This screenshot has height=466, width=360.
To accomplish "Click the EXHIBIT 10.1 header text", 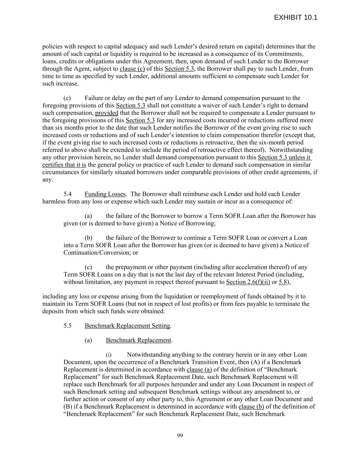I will click(x=296, y=17).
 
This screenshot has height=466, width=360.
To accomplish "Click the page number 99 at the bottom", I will click(x=180, y=435).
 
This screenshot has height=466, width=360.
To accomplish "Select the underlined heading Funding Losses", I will click(x=105, y=194).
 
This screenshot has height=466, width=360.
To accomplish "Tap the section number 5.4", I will click(x=68, y=194).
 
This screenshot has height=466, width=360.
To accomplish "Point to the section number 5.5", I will click(x=68, y=326).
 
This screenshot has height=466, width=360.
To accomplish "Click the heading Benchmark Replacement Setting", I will click(x=127, y=326).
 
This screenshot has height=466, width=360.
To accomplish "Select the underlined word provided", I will click(x=106, y=113).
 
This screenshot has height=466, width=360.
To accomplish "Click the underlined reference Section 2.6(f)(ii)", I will click(x=248, y=282).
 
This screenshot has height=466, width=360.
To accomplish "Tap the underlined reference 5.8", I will click(x=283, y=282).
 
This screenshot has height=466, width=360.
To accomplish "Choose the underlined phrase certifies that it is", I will click(x=64, y=165).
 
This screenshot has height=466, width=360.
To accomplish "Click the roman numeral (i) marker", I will click(x=108, y=355).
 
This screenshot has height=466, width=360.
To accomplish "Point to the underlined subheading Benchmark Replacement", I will click(x=138, y=340).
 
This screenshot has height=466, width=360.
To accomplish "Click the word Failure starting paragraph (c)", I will click(x=93, y=98).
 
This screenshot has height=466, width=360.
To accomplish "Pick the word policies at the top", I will click(x=53, y=46).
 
